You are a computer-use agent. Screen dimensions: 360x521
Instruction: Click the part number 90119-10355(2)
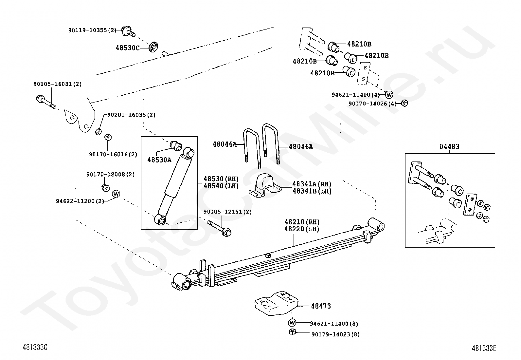point(92,30)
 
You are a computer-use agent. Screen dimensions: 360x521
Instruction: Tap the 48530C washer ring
point(153,47)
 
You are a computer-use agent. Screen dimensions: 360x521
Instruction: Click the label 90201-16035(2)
point(131,115)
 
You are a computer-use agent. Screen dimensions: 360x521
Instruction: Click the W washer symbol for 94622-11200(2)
point(116,194)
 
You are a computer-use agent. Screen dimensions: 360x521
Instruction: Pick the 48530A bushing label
point(159,160)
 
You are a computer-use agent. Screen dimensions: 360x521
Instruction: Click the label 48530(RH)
point(221,179)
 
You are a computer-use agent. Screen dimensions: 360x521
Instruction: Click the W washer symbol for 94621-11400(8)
point(292,323)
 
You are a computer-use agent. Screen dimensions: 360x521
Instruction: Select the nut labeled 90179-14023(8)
point(292,332)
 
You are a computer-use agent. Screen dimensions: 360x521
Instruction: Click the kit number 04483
point(449,146)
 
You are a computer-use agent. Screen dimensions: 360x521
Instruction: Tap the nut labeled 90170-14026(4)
point(404,103)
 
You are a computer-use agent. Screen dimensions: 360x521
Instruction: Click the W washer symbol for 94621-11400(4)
point(389,95)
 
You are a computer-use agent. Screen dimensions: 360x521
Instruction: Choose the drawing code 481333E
point(484,348)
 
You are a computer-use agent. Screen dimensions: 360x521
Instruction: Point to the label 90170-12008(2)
point(110,175)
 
